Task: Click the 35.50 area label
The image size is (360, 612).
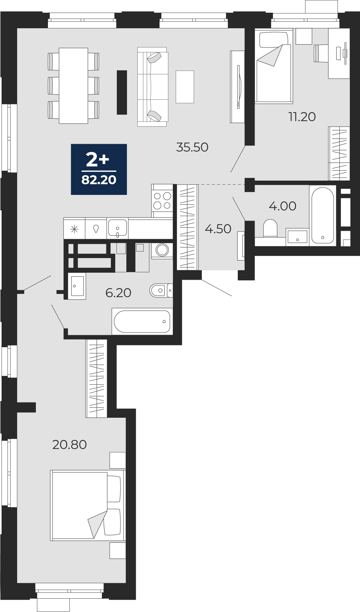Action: pyautogui.click(x=192, y=147)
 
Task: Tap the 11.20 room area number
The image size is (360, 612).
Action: pyautogui.click(x=302, y=117)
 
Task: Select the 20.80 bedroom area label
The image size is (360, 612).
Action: pyautogui.click(x=70, y=445)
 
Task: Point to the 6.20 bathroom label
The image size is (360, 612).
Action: pyautogui.click(x=118, y=293)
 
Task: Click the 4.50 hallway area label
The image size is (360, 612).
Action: pyautogui.click(x=218, y=229)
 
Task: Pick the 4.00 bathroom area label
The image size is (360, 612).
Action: pyautogui.click(x=283, y=206)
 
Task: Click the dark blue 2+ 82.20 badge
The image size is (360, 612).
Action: pyautogui.click(x=99, y=169)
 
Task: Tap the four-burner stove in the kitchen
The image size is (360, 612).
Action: pyautogui.click(x=162, y=201)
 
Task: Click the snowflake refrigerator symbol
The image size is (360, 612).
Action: pyautogui.click(x=75, y=229)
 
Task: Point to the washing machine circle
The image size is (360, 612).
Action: pyautogui.click(x=162, y=250)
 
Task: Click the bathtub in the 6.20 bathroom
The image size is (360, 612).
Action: pyautogui.click(x=142, y=321)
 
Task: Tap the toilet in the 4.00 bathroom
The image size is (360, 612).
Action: pyautogui.click(x=270, y=229)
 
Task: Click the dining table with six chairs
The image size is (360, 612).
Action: pyautogui.click(x=74, y=85)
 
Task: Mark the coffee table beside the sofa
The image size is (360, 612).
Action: pyautogui.click(x=185, y=87)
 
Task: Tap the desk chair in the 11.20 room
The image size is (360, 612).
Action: pyautogui.click(x=321, y=53)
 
